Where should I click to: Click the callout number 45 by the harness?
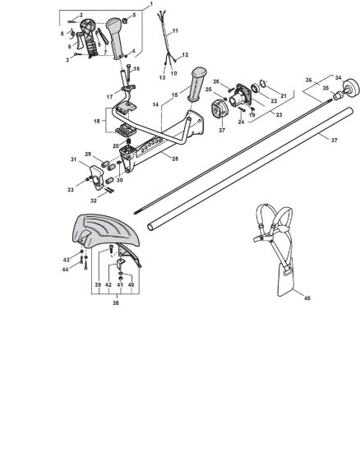pos(307,298)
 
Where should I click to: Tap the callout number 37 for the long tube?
pos(334,141)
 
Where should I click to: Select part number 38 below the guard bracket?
pos(116,303)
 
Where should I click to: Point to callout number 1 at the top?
pos(151,3)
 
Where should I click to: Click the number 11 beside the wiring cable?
pos(175,31)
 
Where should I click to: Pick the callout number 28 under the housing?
pos(175,159)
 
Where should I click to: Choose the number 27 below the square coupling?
pos(222,131)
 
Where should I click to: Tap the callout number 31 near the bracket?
pos(74,159)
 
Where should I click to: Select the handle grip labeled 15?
pos(197,84)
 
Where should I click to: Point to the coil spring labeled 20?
pos(129,141)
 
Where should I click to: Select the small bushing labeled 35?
pos(337,95)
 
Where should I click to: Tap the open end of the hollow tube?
pos(150,227)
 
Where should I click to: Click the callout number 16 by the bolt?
pos(136,68)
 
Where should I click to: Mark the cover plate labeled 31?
pos(96,178)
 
